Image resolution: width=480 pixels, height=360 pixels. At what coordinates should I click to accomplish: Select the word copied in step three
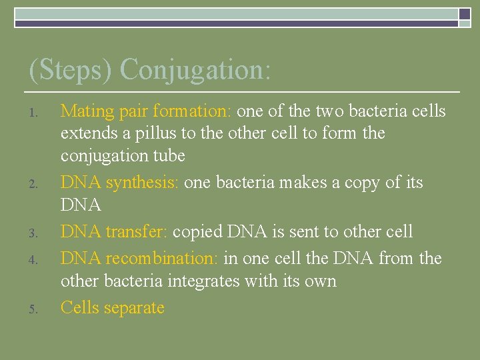click(198, 232)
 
